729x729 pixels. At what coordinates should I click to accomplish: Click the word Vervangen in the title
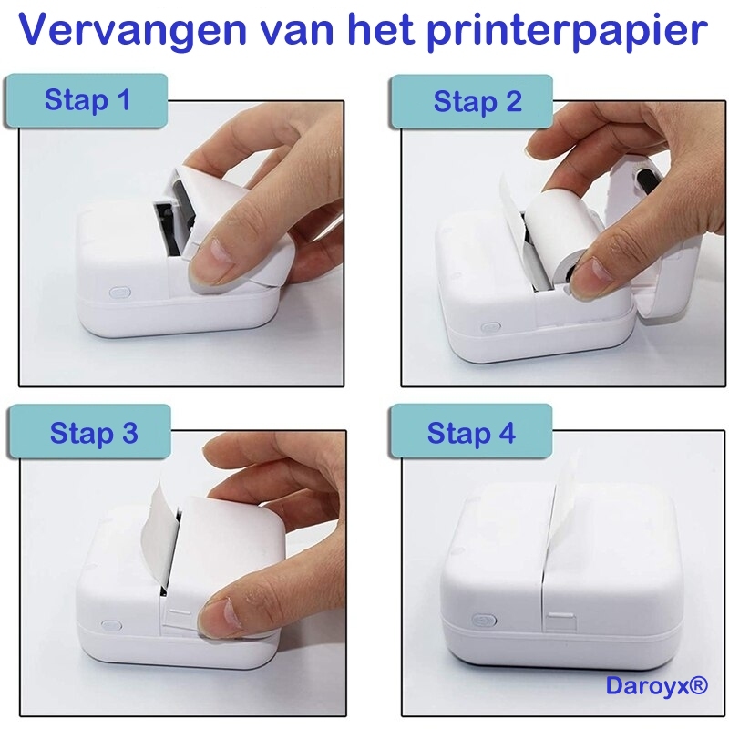[x=132, y=31]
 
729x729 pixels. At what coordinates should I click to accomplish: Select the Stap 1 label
[x=87, y=100]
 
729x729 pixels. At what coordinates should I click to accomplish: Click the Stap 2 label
[x=477, y=102]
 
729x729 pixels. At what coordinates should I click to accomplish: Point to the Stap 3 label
[x=94, y=433]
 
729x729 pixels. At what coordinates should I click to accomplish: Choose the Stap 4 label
[x=471, y=433]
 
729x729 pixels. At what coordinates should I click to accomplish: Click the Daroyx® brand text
[x=657, y=686]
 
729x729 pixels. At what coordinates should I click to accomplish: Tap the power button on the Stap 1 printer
[x=120, y=293]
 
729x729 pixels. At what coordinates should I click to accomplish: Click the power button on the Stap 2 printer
[x=490, y=327]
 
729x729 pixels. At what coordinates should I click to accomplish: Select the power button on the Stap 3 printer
[x=111, y=625]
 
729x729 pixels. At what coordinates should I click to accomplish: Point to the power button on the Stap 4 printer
[x=484, y=620]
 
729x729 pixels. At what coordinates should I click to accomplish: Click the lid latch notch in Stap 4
[x=561, y=622]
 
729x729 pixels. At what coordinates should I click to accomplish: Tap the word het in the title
[x=381, y=30]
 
